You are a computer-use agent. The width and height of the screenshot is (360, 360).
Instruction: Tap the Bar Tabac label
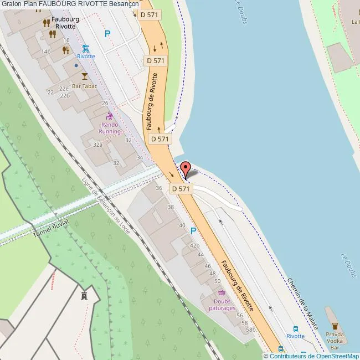84,86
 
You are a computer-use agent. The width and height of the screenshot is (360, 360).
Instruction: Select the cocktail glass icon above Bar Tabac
84,75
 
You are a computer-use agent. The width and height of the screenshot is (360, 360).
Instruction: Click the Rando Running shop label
110,128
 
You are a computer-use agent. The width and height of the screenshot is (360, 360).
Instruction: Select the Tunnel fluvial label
50,228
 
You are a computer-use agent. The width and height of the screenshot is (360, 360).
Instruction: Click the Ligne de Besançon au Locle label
106,206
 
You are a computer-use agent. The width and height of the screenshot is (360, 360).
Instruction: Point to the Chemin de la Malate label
302,304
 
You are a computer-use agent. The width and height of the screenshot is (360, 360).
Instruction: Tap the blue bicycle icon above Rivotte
85,48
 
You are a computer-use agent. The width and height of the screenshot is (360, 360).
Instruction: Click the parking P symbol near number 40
193,230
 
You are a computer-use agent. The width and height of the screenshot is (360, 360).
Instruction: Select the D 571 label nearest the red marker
181,189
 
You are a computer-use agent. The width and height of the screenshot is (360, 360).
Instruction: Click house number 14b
46,52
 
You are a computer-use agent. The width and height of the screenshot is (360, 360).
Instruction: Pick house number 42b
194,245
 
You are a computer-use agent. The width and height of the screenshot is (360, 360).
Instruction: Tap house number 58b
251,330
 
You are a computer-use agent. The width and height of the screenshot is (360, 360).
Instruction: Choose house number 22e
64,88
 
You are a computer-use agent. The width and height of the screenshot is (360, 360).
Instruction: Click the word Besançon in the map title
124,4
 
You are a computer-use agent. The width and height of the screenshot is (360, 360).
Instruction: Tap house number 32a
98,144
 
